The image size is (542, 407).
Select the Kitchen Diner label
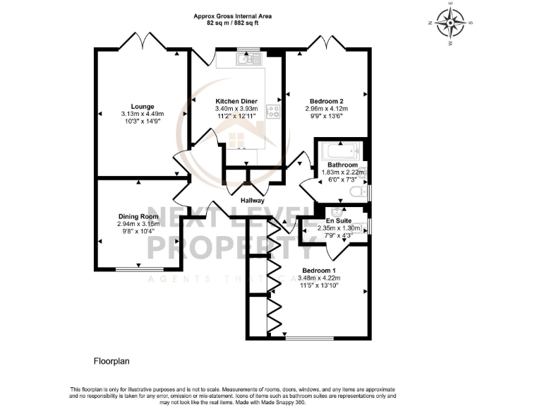[236, 101]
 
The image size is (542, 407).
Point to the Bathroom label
[342, 165]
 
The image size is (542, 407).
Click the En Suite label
[339, 220]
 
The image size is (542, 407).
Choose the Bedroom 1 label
[319, 271]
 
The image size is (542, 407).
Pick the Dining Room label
[138, 216]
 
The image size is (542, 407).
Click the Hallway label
[252, 201]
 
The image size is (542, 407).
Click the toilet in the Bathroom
[361, 191]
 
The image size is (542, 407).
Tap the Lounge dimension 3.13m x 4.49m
[143, 114]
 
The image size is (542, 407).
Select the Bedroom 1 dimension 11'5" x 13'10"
[319, 286]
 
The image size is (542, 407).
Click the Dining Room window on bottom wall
[138, 269]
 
